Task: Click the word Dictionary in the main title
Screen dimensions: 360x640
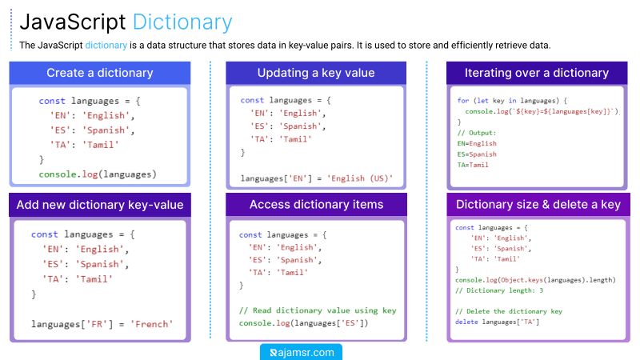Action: click(182, 22)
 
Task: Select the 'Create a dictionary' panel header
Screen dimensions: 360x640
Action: click(100, 73)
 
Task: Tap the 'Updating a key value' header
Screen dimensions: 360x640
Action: click(316, 73)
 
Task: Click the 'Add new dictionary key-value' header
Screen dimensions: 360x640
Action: click(100, 205)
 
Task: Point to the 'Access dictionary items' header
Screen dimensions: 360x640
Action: click(316, 205)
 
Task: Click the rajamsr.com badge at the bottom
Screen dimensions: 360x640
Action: click(302, 352)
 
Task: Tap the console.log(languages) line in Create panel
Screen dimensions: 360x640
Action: click(98, 174)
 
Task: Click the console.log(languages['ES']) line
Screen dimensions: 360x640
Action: click(304, 323)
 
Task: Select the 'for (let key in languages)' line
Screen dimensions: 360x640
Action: click(512, 101)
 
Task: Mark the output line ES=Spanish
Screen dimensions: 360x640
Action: click(477, 154)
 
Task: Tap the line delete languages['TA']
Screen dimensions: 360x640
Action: click(497, 322)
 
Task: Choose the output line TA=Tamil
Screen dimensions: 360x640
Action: click(473, 165)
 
